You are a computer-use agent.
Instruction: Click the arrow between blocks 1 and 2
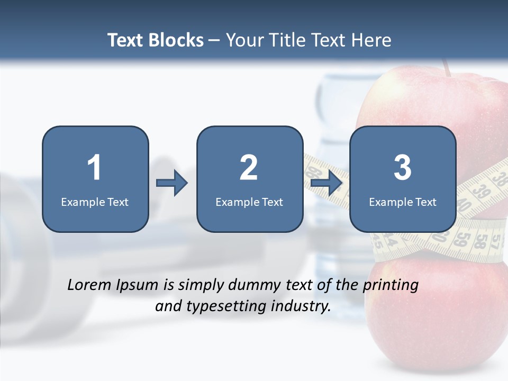172,183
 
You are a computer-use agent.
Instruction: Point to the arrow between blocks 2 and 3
326,183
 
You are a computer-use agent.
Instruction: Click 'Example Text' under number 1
95,202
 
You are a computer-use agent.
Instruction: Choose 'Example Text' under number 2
249,202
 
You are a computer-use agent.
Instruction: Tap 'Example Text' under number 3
403,202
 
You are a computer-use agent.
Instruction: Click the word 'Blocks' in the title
177,40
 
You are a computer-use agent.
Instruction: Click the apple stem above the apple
447,66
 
